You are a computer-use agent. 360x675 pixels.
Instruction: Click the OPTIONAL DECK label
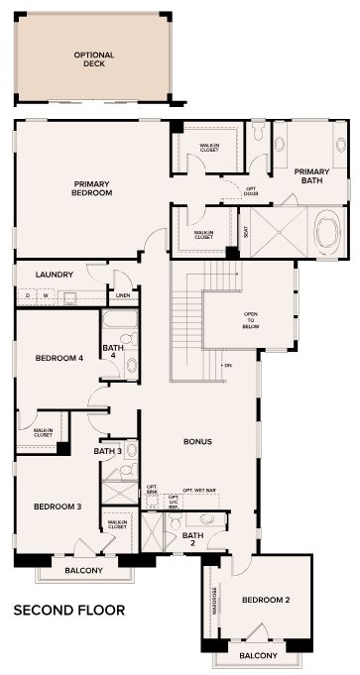[94, 58]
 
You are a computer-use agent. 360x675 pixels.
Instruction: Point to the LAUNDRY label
[55, 275]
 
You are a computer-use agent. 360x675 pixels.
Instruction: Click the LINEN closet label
[122, 295]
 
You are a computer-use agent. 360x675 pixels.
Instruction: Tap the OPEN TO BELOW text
[251, 321]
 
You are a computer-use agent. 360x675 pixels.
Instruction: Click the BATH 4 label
[112, 352]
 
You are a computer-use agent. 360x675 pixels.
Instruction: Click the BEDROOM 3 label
[57, 506]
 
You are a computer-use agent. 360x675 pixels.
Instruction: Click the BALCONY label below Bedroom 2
[257, 656]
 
